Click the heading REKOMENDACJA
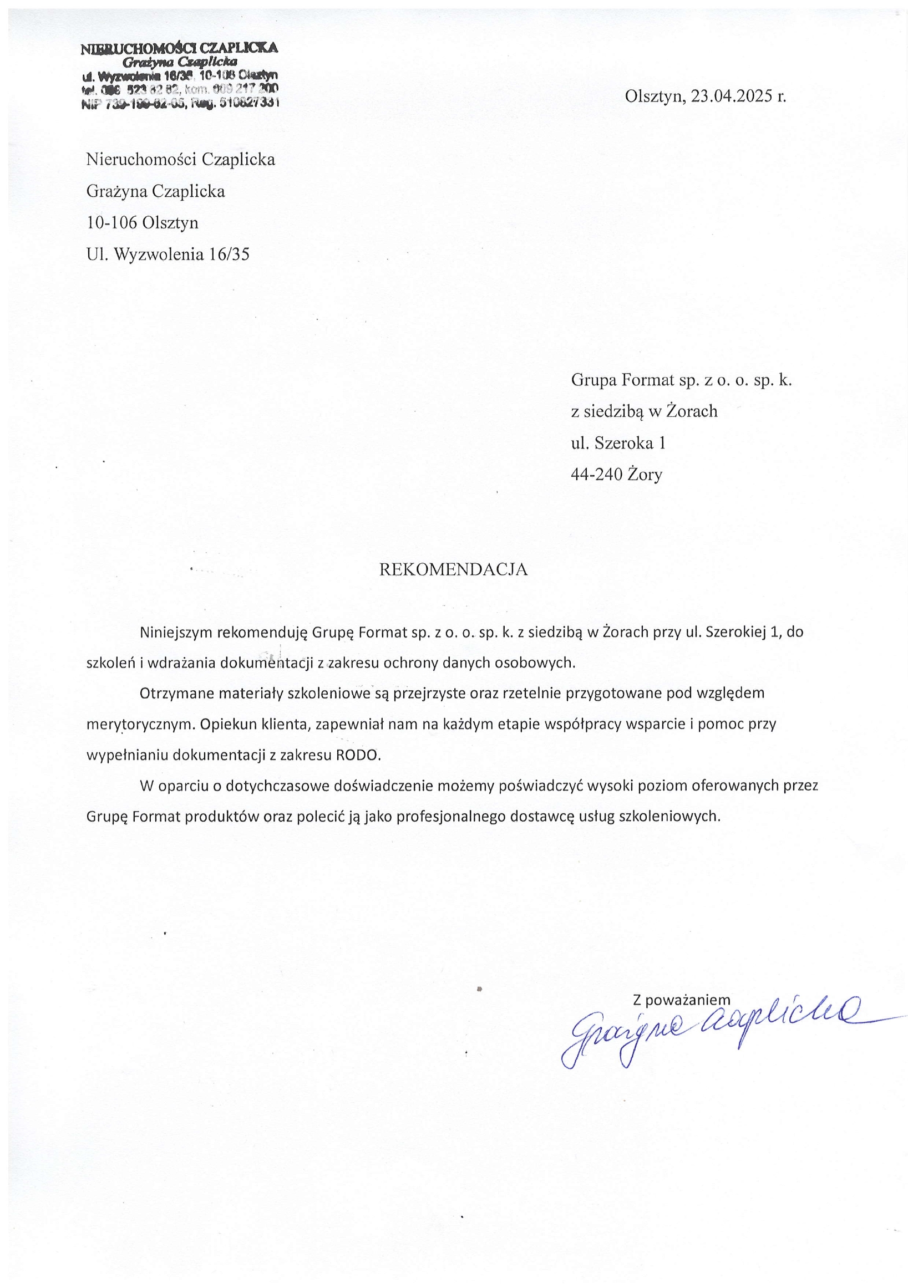pyautogui.click(x=453, y=569)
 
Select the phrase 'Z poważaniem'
pyautogui.click(x=682, y=1000)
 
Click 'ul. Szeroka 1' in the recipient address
pyautogui.click(x=618, y=444)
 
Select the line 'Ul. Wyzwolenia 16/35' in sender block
pyautogui.click(x=168, y=255)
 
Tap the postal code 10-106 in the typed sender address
pyautogui.click(x=112, y=223)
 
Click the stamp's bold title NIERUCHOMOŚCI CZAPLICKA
pyautogui.click(x=179, y=49)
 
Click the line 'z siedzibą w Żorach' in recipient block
pyautogui.click(x=644, y=411)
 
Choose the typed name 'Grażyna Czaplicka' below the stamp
pyautogui.click(x=155, y=192)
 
